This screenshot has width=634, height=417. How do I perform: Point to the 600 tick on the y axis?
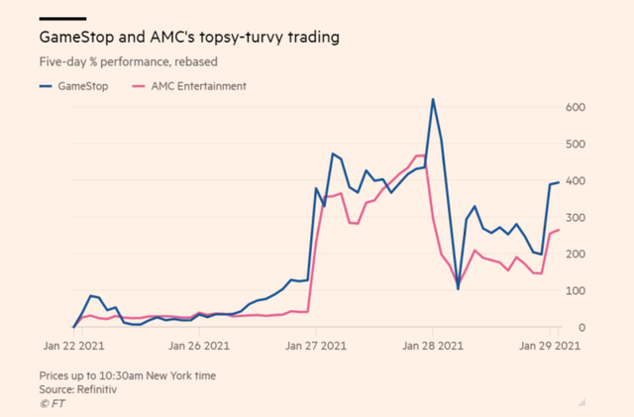coord(577,107)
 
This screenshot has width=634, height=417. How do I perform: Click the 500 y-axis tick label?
coord(577,144)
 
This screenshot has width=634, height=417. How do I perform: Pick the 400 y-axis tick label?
coord(577,180)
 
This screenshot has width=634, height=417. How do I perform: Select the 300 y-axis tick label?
coord(577,217)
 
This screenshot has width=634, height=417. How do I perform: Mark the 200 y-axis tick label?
coord(577,254)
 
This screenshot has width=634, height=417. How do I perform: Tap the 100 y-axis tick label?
coord(577,290)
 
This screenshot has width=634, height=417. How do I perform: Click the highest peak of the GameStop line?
coord(433,99)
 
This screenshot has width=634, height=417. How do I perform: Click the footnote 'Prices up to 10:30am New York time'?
coord(126,376)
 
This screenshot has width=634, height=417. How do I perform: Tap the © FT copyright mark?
coord(51,404)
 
